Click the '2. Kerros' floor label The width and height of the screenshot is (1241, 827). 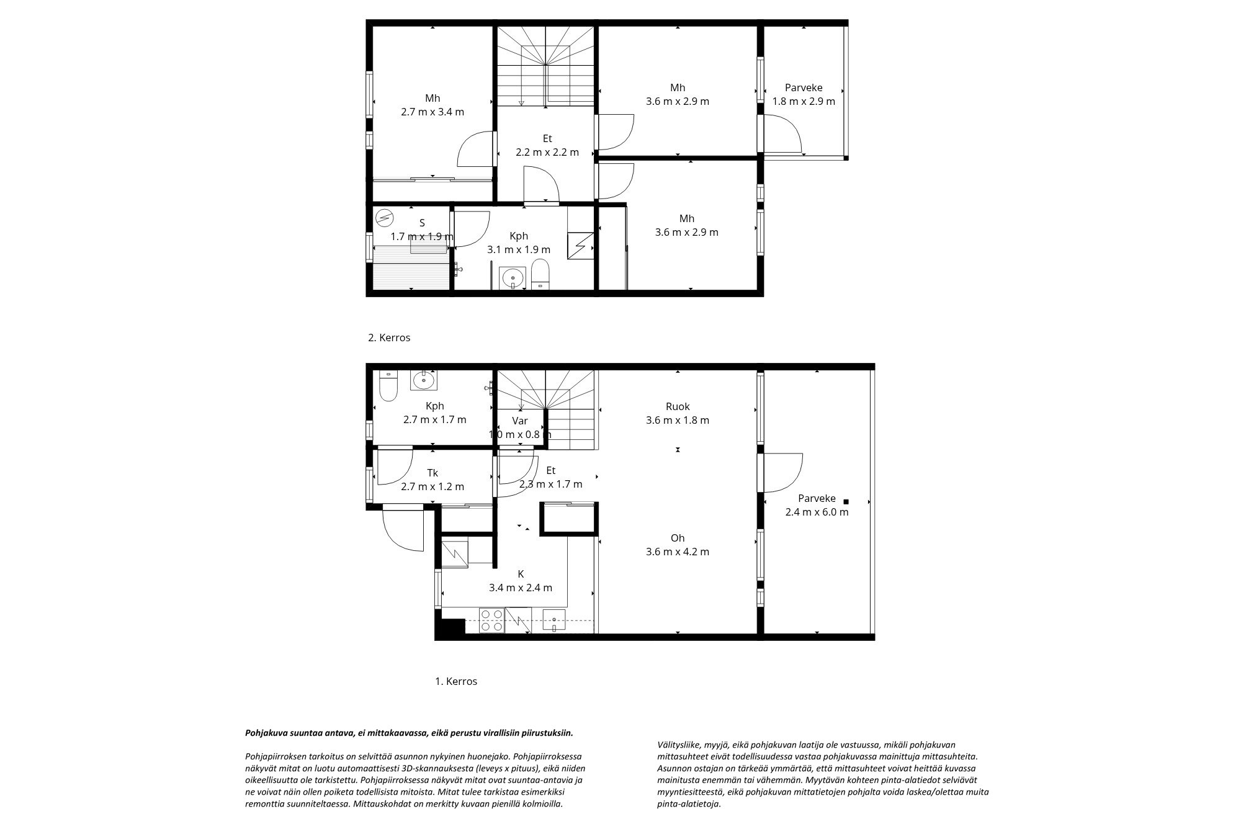389,338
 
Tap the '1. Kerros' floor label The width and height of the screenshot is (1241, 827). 455,681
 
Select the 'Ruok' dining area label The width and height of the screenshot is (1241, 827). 678,407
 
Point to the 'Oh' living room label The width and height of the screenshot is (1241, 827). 678,539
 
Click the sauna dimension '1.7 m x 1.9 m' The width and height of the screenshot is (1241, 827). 422,237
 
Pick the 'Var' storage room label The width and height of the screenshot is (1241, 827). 520,421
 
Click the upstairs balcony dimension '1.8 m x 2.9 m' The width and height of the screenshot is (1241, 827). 804,101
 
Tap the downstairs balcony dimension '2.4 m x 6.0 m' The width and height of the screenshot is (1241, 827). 817,512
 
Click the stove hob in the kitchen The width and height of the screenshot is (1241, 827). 492,620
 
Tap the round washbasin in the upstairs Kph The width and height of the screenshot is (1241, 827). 513,277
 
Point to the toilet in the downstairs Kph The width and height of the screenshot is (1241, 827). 388,386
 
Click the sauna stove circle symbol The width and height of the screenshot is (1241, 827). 385,218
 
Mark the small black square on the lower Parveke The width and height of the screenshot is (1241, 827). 845,501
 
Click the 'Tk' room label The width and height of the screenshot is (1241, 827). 433,473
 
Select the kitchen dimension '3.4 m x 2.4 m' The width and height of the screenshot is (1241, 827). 521,588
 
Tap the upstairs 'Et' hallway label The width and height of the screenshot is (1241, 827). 547,139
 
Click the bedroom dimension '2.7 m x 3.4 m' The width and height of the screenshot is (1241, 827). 432,112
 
